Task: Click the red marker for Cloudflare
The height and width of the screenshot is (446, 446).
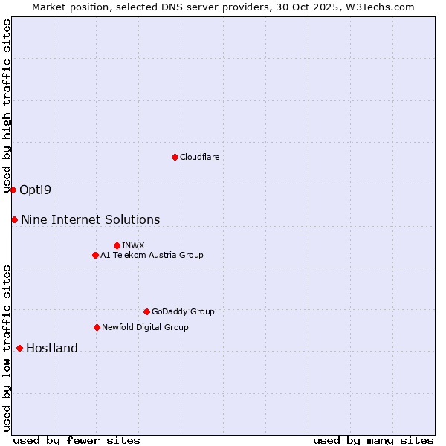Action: (175, 157)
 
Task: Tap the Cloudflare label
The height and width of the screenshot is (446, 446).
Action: (199, 157)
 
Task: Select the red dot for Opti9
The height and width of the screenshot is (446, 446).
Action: (13, 190)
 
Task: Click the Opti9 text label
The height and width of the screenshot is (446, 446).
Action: (35, 190)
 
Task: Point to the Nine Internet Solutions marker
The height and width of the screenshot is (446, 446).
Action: (14, 219)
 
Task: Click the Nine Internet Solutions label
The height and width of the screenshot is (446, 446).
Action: (90, 219)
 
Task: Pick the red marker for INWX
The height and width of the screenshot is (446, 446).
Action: (117, 245)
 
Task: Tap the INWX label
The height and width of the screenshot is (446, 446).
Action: (133, 245)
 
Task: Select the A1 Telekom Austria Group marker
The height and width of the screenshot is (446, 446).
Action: (95, 255)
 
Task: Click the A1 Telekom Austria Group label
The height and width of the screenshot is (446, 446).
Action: (152, 255)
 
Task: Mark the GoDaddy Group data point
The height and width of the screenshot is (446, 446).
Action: (146, 311)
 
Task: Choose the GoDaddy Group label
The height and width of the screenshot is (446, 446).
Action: (182, 311)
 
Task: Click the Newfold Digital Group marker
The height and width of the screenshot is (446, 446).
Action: (97, 327)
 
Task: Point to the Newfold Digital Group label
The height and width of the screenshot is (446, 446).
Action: (145, 327)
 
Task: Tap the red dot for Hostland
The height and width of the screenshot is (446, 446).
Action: (19, 348)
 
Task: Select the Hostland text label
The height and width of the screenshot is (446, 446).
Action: (51, 348)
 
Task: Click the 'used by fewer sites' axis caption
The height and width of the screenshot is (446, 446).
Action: (77, 440)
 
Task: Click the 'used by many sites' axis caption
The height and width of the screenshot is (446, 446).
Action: (373, 440)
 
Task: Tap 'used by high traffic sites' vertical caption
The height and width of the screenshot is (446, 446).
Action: (7, 106)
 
